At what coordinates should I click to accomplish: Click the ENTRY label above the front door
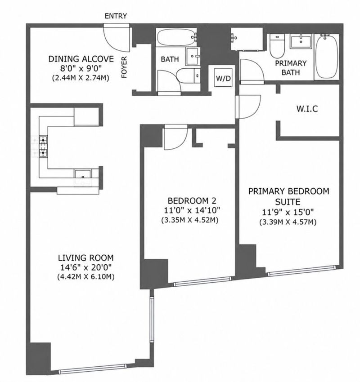point(116,16)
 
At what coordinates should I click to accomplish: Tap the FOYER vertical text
point(124,67)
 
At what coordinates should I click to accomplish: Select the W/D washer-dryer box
point(224,78)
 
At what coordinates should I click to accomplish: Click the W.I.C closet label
point(307,109)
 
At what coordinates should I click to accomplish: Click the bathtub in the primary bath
point(327,57)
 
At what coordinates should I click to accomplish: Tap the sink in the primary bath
point(301,41)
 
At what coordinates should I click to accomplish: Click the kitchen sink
point(83,174)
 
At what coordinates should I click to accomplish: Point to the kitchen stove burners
point(43,146)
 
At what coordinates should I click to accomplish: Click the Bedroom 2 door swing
point(175,137)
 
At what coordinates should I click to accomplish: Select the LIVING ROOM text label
point(85,258)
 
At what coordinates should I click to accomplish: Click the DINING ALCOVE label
point(81,59)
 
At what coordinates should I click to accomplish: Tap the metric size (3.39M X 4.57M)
point(288,222)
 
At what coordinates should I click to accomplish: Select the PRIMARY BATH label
point(291,68)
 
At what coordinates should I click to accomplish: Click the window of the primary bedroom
point(302,271)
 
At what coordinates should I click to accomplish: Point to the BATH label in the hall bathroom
point(170,59)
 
